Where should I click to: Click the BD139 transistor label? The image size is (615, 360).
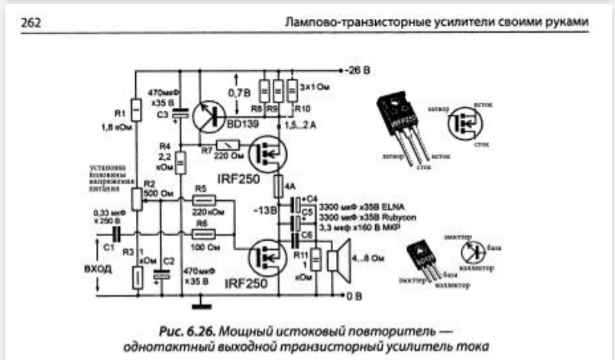coord(242,121)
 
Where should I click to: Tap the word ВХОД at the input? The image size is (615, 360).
coord(99,269)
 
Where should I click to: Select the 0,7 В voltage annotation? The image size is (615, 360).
coord(240,92)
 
